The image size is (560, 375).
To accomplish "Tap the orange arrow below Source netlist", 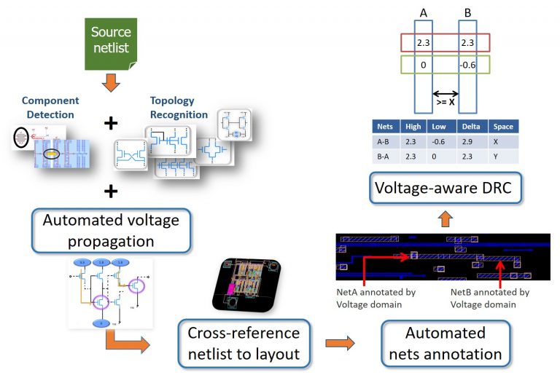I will pyautogui.click(x=110, y=82).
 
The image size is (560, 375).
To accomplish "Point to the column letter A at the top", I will pyautogui.click(x=424, y=13).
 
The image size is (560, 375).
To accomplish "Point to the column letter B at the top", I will pyautogui.click(x=467, y=13).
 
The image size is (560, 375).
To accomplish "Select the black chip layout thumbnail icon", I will pyautogui.click(x=248, y=284).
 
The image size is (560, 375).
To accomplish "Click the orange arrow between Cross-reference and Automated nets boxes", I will pyautogui.click(x=340, y=343).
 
